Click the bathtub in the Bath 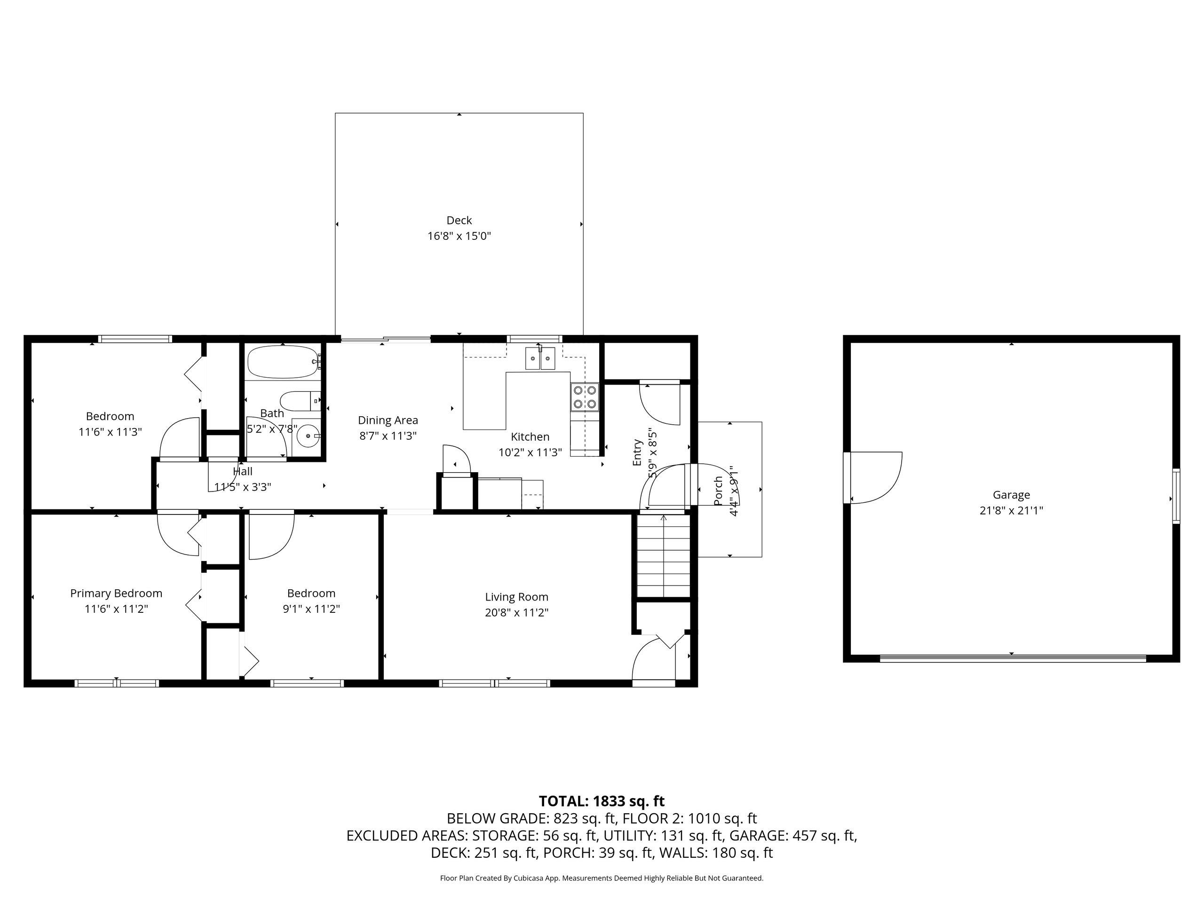coord(284,362)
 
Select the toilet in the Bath coord(300,401)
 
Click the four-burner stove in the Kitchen coord(585,397)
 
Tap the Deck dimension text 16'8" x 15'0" coord(459,236)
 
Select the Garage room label coord(1011,495)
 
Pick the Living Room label coord(516,596)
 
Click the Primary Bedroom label coord(116,593)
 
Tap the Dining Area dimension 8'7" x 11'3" coord(388,436)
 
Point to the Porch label coord(719,491)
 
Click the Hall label coord(243,471)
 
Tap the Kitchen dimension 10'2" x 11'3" coord(530,452)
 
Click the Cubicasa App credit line coord(602,878)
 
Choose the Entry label coord(637,453)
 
